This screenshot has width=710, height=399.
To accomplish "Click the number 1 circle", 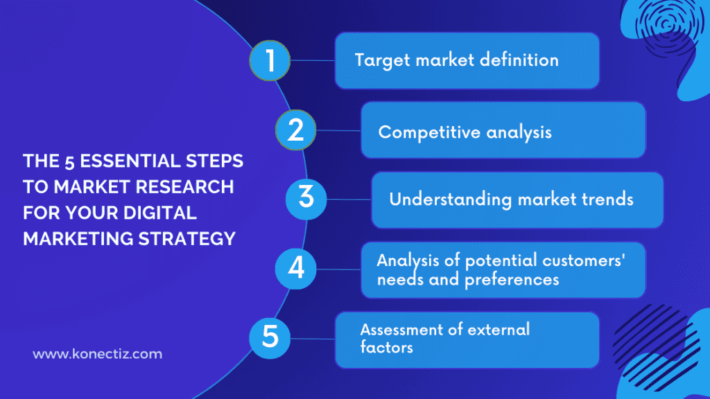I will [x=270, y=61].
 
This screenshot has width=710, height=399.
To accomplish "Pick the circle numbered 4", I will [x=296, y=268].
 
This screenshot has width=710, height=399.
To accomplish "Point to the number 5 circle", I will [x=270, y=337].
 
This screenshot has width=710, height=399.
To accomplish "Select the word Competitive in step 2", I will [x=419, y=132].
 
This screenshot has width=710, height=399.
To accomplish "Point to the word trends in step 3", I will [x=607, y=199].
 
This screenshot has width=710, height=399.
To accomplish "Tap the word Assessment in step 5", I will [x=401, y=329].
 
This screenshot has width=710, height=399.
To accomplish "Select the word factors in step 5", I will [x=386, y=347].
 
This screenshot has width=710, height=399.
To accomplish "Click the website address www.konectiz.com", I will [x=98, y=354].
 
